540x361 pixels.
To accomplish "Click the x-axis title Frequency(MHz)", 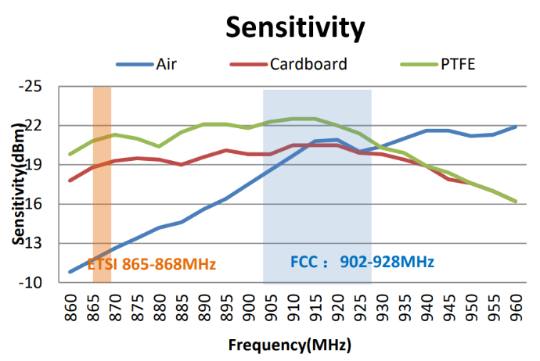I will click(x=290, y=345).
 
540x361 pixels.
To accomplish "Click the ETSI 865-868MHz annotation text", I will click(x=151, y=263).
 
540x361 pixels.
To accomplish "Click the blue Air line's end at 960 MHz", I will click(x=517, y=126).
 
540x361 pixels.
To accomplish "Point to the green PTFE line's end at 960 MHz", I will click(x=517, y=202).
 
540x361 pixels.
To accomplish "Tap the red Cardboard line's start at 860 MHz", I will click(x=70, y=180).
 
